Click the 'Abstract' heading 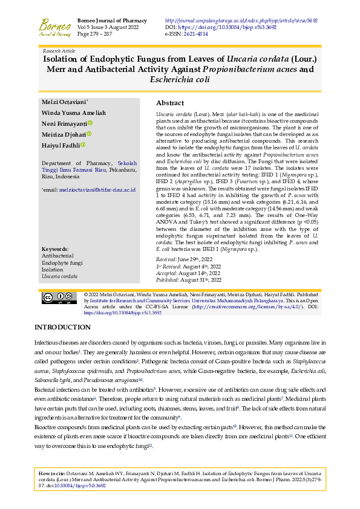170,103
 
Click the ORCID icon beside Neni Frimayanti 90,123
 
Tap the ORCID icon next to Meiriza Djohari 89,134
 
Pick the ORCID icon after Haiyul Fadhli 83,145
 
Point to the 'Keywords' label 55,266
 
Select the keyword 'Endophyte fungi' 62,280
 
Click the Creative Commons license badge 59,314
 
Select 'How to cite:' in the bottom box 54,472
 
